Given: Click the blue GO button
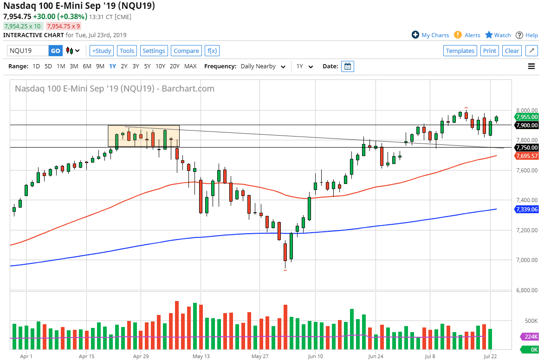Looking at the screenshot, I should (x=55, y=51).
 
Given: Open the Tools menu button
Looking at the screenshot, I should (x=127, y=51).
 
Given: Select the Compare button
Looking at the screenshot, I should (x=186, y=51).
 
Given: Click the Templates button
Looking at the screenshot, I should (x=460, y=51).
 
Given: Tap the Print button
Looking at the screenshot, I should (x=489, y=51).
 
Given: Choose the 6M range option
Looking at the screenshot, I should (x=87, y=66).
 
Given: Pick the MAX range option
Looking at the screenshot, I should (x=190, y=66).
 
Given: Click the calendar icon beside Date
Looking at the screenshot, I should (x=347, y=66).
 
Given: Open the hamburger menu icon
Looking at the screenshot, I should (x=531, y=66).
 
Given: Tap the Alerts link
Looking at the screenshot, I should (x=472, y=35).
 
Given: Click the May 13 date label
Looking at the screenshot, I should (x=201, y=356).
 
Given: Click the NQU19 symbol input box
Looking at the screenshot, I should (x=28, y=51).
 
